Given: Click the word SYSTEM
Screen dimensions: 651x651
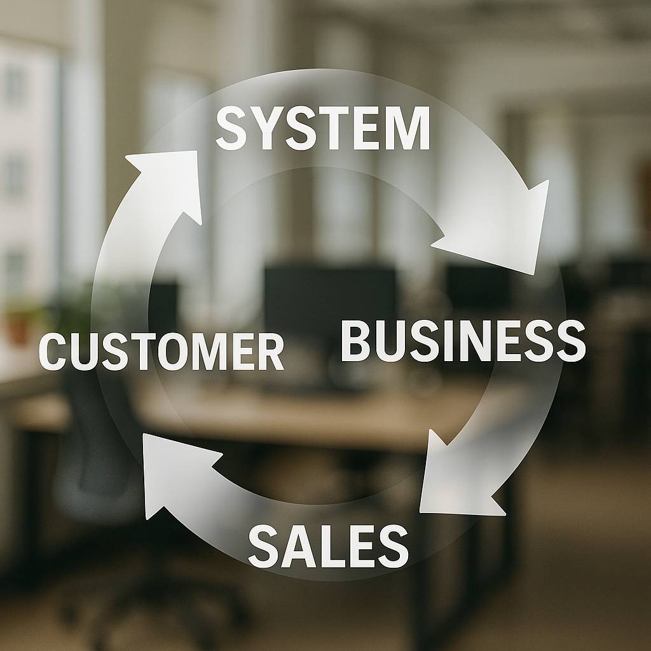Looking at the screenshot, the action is coord(322,128).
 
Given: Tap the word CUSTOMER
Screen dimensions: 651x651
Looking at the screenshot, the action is coord(161,352).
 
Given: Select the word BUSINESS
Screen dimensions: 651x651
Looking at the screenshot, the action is coord(463,341).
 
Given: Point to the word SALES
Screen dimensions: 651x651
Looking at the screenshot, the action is coord(329,545).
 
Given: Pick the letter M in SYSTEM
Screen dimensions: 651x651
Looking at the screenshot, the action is coord(408,128).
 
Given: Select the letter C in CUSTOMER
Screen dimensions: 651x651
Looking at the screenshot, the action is coord(53,352).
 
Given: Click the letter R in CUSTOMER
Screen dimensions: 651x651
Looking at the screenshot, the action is coord(270,352).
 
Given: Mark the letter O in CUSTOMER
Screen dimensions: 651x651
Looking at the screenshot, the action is coord(173,352).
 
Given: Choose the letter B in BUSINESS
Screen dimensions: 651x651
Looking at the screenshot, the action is coord(355,341).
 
